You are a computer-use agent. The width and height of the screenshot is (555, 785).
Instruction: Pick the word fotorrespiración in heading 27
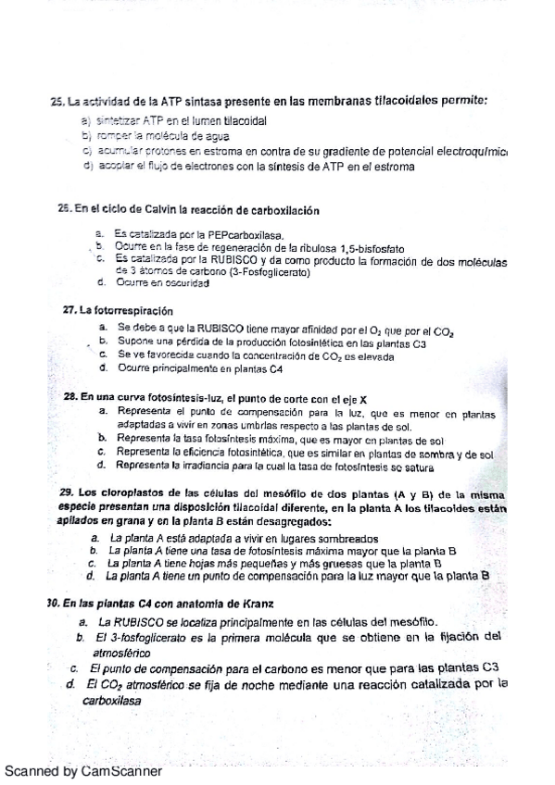point(122,310)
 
